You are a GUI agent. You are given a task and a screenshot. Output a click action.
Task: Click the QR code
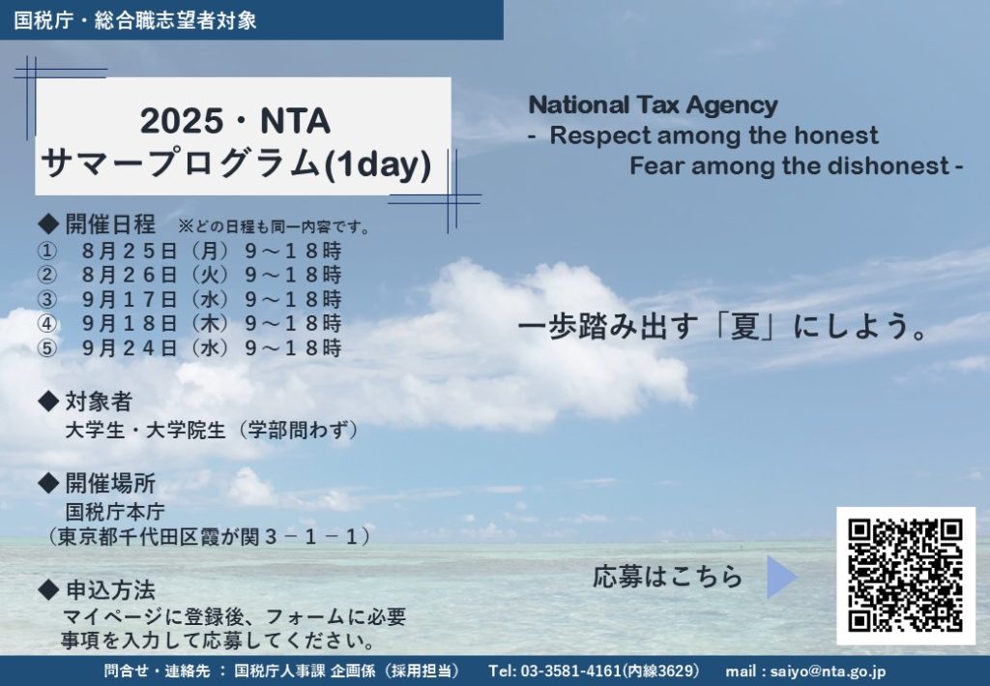tap(905, 576)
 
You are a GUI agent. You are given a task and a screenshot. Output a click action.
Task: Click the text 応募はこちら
tap(667, 577)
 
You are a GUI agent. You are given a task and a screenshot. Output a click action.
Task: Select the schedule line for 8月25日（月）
tap(189, 251)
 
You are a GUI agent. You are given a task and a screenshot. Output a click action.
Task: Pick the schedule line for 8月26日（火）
tap(189, 275)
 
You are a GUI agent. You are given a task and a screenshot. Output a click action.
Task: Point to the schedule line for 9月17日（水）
tap(189, 299)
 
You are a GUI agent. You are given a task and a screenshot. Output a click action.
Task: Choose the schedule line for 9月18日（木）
tap(189, 323)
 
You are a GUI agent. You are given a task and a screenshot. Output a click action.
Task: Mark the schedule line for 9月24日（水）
tap(189, 348)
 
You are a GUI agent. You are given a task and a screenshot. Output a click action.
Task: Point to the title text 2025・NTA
tap(235, 121)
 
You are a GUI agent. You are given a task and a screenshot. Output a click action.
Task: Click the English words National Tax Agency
tap(653, 104)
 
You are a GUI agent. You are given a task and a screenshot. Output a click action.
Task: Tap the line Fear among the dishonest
tap(790, 165)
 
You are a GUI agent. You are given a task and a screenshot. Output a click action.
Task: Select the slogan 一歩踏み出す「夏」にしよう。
tap(722, 327)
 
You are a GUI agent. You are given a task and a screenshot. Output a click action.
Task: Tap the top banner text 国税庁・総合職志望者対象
tap(135, 20)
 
